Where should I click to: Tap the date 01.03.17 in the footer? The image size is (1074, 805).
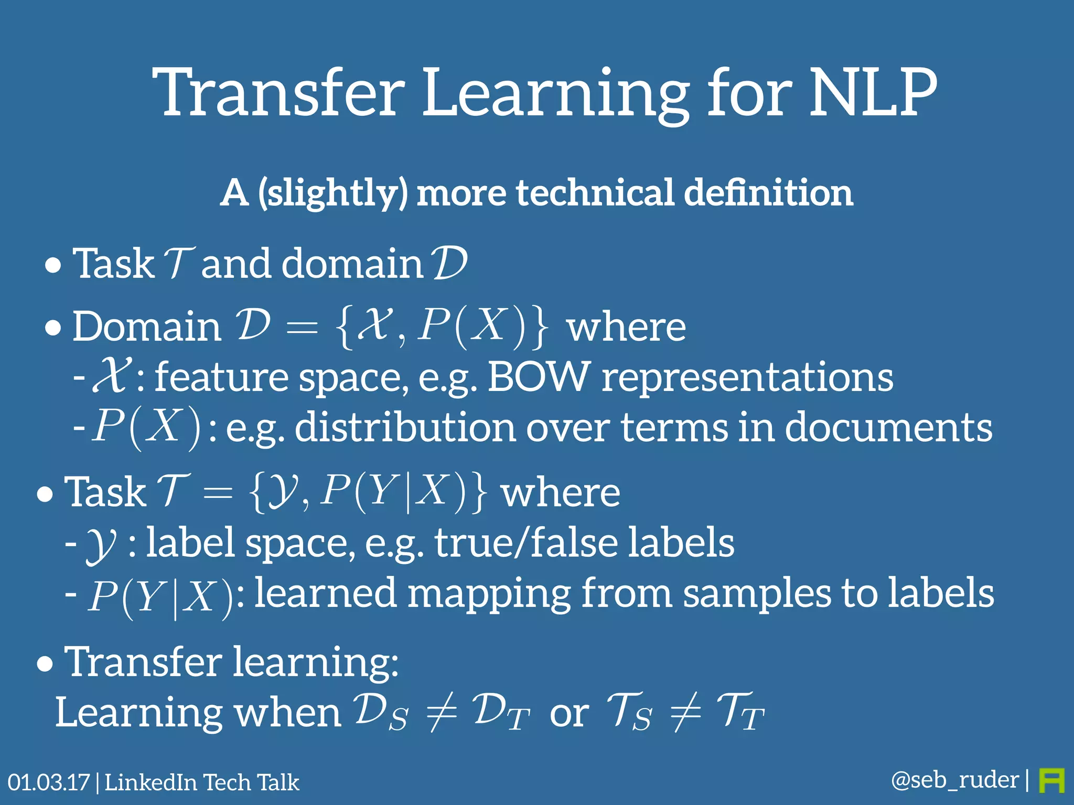(x=48, y=782)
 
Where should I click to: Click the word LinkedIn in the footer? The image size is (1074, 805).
(x=150, y=782)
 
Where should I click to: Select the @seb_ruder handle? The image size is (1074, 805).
(x=954, y=780)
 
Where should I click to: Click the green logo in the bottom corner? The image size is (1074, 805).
(x=1051, y=781)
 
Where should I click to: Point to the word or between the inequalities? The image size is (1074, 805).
(x=569, y=714)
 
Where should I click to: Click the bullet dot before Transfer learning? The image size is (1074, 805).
(x=46, y=665)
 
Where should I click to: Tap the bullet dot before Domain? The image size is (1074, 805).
(x=53, y=329)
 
